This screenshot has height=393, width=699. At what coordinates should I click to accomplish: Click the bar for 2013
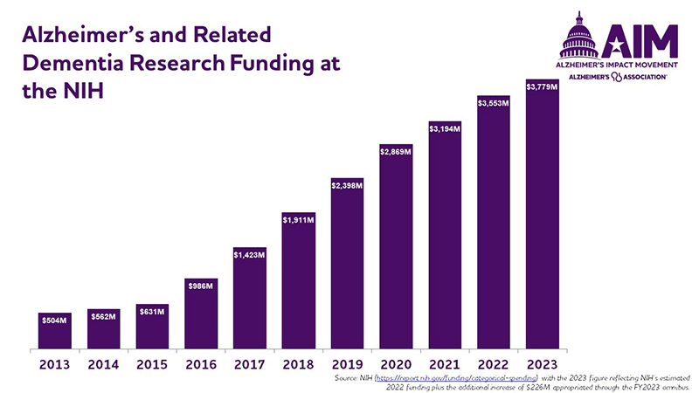(54, 331)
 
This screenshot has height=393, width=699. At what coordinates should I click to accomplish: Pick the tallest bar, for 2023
(542, 214)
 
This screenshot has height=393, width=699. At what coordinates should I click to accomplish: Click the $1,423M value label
(249, 254)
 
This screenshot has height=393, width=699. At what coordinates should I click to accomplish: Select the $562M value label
(103, 316)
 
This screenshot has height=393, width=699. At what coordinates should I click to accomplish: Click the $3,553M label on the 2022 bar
(493, 103)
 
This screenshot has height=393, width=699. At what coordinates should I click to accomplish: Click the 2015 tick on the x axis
(151, 364)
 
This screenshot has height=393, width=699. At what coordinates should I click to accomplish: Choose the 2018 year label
(298, 364)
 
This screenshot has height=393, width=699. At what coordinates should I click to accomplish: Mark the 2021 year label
(444, 364)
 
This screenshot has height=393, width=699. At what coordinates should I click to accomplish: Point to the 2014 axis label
(103, 364)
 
